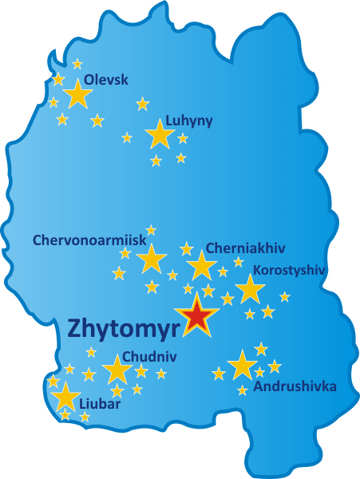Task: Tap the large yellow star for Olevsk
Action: coord(77,95)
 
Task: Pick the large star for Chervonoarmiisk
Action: coord(151,259)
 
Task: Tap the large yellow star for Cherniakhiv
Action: coord(201,266)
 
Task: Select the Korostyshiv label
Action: coord(289,270)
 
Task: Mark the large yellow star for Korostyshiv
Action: coord(250,290)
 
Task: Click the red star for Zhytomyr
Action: coord(196,316)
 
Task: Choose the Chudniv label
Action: coord(150,357)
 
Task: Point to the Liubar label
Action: coord(100,416)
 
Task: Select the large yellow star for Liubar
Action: coord(65,397)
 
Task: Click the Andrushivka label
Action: coord(295,387)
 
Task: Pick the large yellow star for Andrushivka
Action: coord(242,366)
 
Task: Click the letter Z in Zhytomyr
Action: coord(77,328)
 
